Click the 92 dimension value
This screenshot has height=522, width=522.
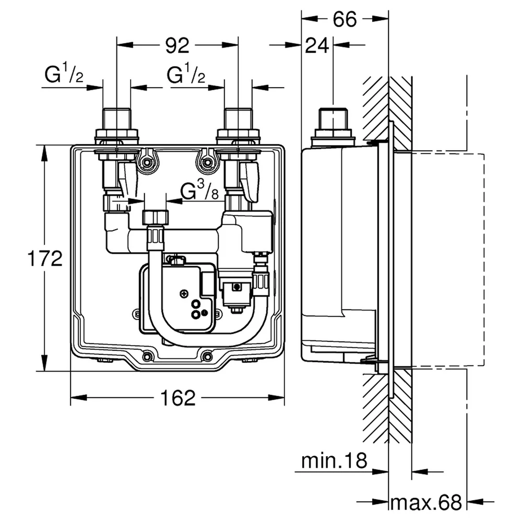point(177,45)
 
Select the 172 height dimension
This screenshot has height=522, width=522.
point(45,258)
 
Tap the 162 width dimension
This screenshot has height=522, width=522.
point(178,398)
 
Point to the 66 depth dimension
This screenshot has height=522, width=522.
point(345,19)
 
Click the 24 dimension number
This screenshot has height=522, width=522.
point(317,45)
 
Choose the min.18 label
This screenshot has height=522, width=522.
point(334,461)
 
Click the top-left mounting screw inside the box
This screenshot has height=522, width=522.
point(147,162)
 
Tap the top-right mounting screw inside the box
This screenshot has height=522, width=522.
point(208,162)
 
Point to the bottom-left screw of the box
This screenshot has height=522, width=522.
point(147,357)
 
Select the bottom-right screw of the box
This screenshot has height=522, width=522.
point(208,357)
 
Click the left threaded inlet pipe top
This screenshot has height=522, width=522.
point(116,118)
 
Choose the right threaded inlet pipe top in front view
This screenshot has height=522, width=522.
point(238,118)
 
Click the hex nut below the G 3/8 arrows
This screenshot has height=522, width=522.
point(156,217)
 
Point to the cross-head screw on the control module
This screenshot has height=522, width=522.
point(184,293)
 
